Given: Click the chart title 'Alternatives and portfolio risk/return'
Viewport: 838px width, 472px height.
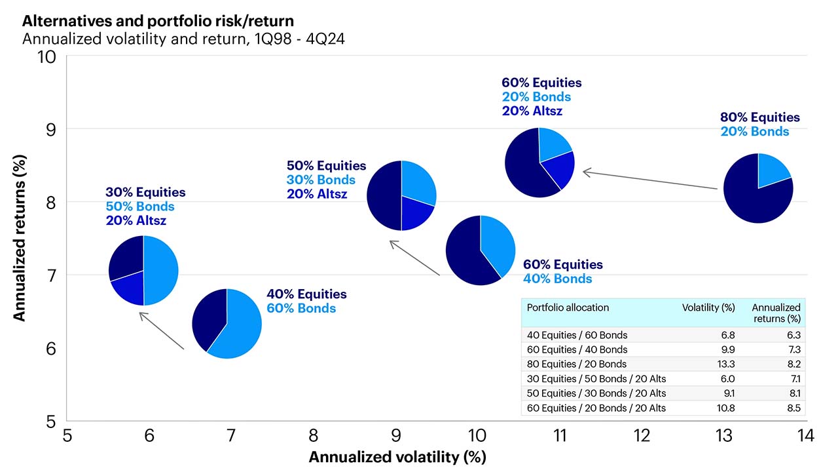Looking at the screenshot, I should coord(158,21).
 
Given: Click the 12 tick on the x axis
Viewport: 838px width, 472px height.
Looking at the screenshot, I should coord(642,436).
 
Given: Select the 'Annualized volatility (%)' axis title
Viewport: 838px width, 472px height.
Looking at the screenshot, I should coord(397,456).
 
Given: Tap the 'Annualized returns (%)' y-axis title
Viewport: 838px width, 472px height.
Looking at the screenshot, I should coord(20,238).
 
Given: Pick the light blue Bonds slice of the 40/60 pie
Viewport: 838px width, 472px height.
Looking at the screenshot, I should coord(239,328).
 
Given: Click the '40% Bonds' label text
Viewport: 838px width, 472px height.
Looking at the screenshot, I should coord(557,279).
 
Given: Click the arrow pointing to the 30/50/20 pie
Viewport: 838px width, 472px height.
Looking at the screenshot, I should coord(161,331).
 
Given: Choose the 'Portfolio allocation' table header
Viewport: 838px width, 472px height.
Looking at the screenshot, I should coord(568,307).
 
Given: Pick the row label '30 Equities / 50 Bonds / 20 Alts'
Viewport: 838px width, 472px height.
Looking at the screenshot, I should coord(596,378).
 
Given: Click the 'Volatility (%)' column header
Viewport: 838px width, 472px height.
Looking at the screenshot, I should coord(708,307).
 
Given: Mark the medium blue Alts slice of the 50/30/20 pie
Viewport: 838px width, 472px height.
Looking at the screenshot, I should coord(416,214).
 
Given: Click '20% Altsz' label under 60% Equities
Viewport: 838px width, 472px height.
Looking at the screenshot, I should coord(532,111).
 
